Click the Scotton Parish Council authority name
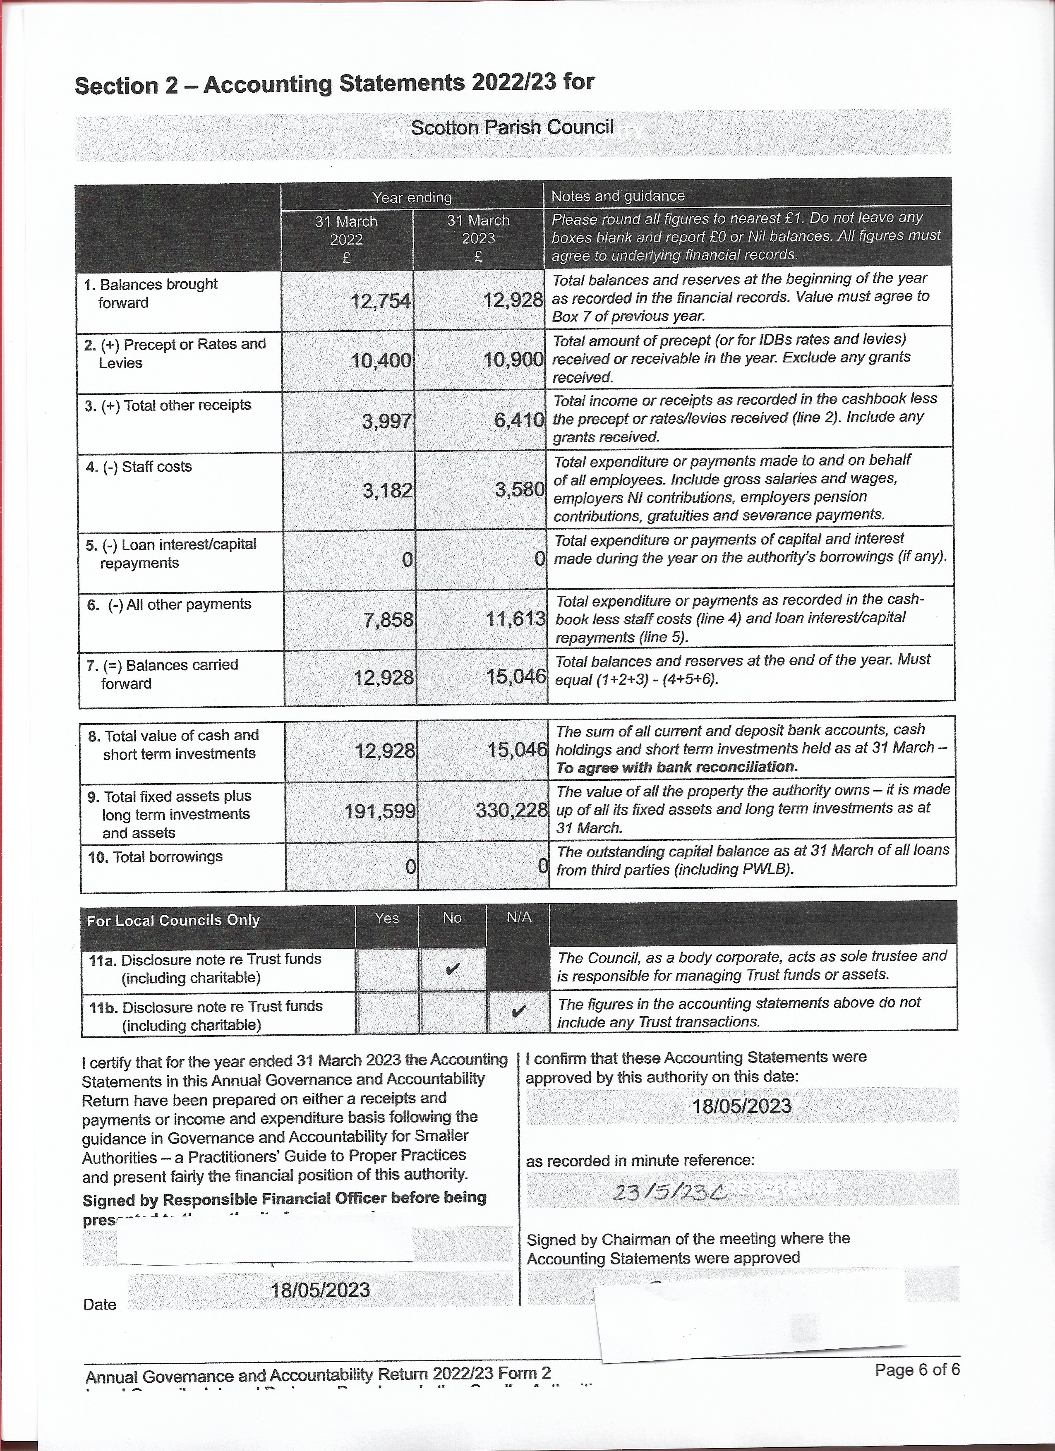(x=512, y=128)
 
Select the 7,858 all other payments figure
(x=388, y=619)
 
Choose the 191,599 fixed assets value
(x=380, y=812)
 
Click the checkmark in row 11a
(x=452, y=969)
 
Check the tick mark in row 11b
(x=518, y=1012)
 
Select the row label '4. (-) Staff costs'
(x=139, y=467)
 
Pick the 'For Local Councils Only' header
(x=173, y=921)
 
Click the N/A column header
(x=519, y=917)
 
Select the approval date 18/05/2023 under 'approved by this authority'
(x=742, y=1106)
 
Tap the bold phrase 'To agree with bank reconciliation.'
(x=677, y=767)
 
